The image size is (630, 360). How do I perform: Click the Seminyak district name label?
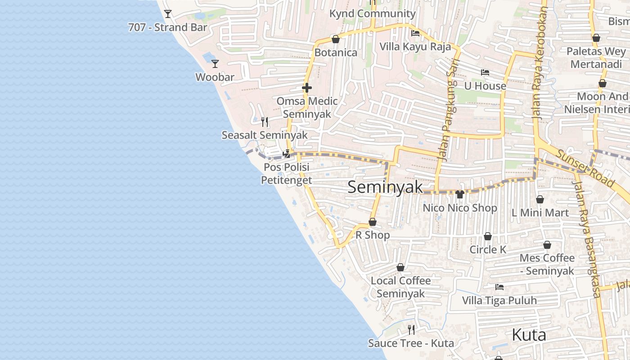point(385,187)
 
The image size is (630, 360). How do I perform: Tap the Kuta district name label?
point(529,335)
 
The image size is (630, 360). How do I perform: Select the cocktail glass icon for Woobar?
point(215,64)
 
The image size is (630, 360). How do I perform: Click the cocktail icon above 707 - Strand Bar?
point(168,14)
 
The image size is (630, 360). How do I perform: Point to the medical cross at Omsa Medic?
point(307,88)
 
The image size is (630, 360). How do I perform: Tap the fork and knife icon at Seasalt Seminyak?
point(265,121)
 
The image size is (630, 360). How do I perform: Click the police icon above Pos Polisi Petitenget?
point(286,154)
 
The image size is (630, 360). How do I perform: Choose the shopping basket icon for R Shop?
point(373,222)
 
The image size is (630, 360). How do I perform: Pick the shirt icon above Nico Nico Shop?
point(459,194)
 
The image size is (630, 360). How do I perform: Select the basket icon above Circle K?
point(488,236)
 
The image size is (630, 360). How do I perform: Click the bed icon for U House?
point(485,72)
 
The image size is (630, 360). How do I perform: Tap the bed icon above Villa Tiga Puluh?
point(499,287)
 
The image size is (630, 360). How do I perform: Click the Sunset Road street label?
point(585,168)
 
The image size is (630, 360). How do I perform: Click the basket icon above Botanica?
point(335,39)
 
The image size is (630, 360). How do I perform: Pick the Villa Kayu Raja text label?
point(415,46)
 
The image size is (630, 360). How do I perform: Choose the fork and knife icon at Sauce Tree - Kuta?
point(411,330)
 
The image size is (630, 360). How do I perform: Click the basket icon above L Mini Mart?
point(540,199)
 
